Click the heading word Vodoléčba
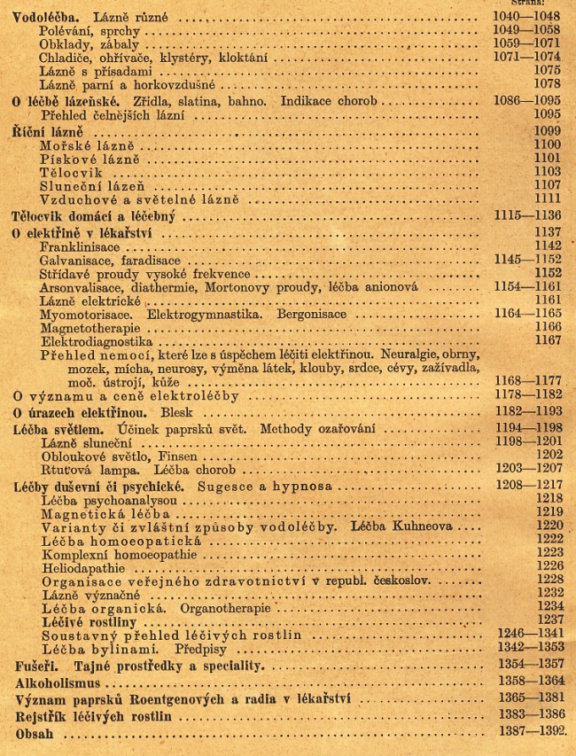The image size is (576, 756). click(x=43, y=18)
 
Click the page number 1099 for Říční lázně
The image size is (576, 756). click(x=544, y=130)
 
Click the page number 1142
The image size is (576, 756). click(x=544, y=246)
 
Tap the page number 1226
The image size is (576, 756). click(x=544, y=565)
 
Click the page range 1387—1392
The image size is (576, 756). click(x=528, y=735)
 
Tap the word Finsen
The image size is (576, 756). click(x=160, y=454)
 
